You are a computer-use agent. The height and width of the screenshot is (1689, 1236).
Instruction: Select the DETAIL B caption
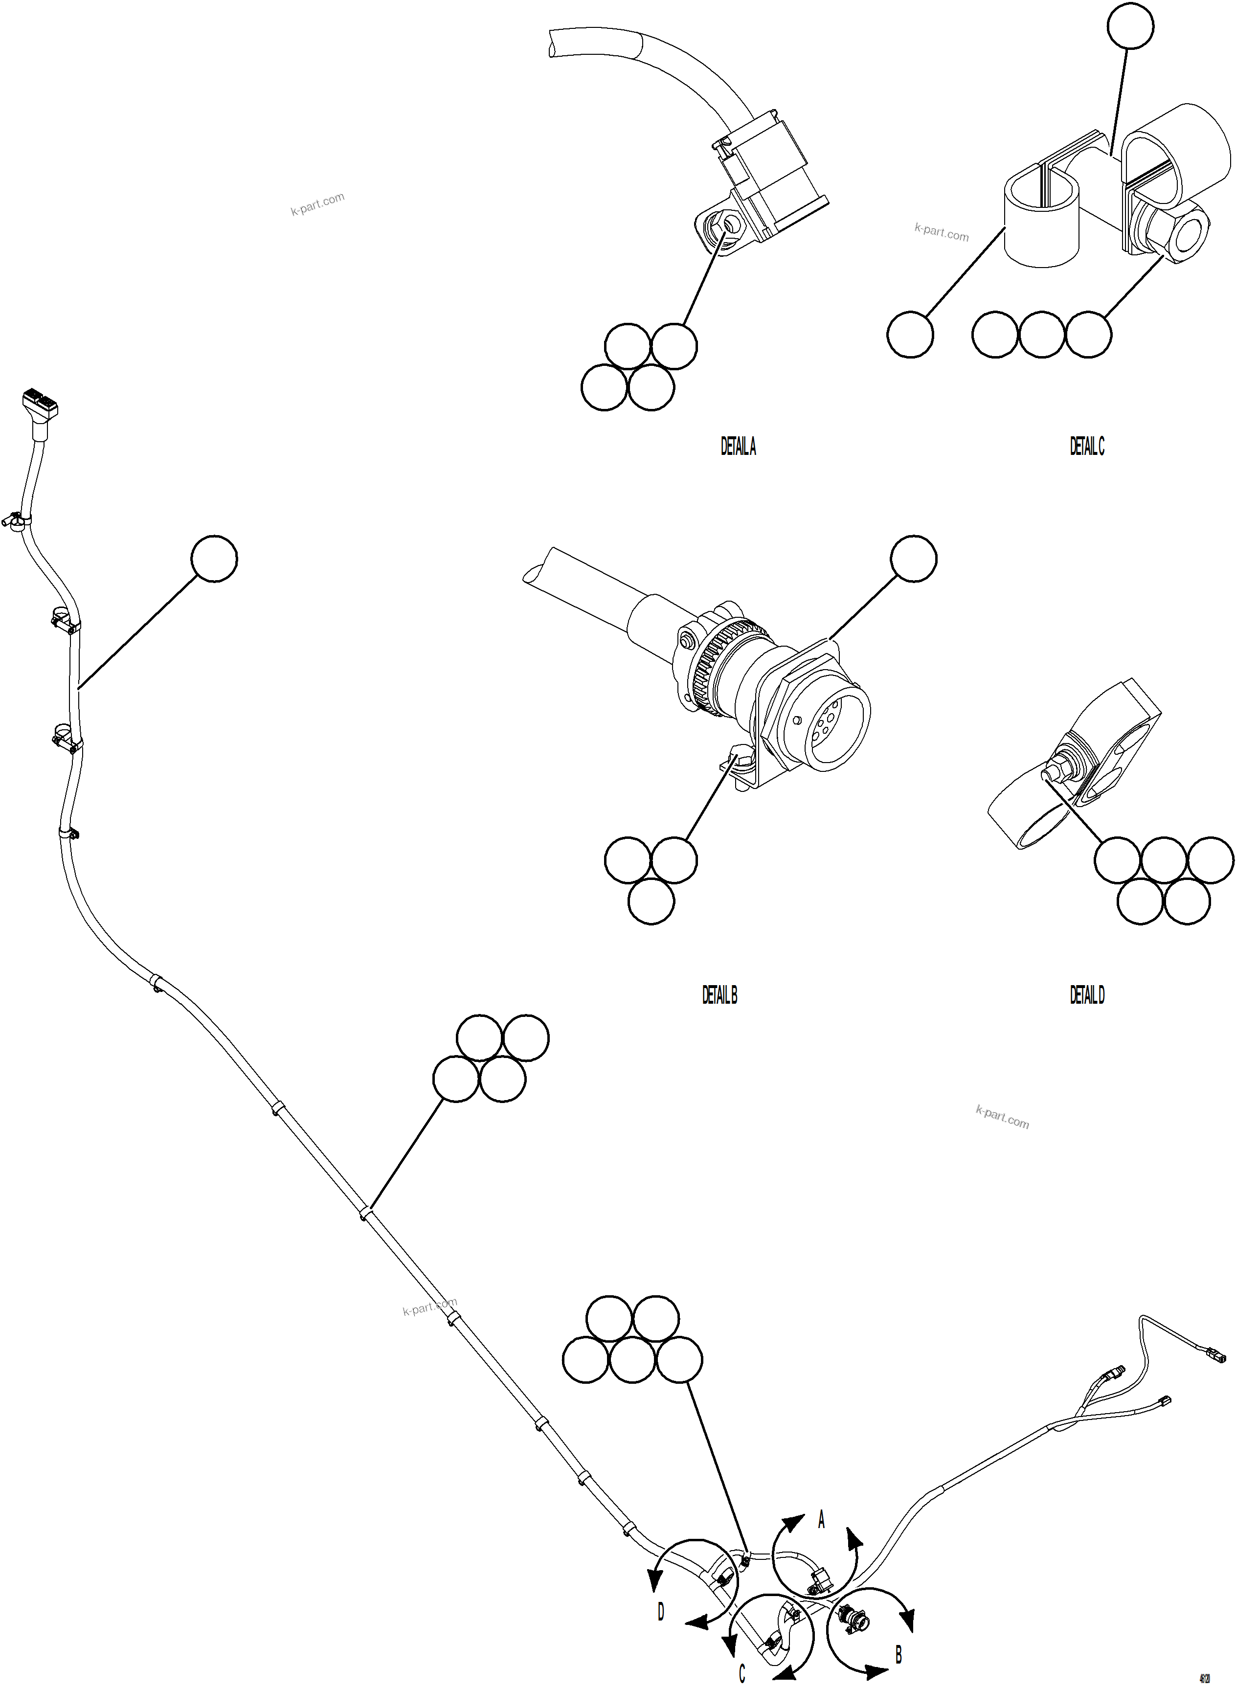pyautogui.click(x=720, y=995)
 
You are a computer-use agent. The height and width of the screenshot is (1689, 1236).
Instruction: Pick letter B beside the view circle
pyautogui.click(x=899, y=1654)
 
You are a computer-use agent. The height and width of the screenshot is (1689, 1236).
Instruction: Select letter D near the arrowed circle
pyautogui.click(x=661, y=1611)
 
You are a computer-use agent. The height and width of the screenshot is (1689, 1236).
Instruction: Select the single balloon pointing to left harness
pyautogui.click(x=214, y=558)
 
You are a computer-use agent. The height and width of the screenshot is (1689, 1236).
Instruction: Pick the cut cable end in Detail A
pyautogui.click(x=554, y=45)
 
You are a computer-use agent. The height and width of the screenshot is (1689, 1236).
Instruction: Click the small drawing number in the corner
pyautogui.click(x=1205, y=1677)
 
